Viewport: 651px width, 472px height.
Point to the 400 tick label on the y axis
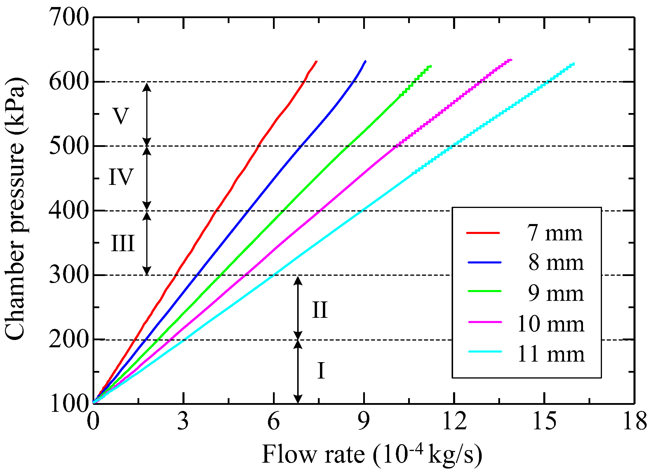point(69,211)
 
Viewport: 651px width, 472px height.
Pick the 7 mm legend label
point(555,233)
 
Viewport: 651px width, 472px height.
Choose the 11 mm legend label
point(551,354)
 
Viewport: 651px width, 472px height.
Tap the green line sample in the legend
point(485,291)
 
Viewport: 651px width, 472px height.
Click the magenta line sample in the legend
point(485,322)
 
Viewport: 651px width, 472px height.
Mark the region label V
point(121,116)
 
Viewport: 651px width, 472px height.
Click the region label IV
point(121,177)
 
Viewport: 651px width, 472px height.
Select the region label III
point(123,243)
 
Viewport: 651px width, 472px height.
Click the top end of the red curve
point(316,61)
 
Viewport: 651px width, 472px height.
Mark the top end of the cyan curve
point(574,63)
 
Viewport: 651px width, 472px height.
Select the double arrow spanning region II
point(298,308)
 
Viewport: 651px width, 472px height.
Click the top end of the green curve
point(431,66)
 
